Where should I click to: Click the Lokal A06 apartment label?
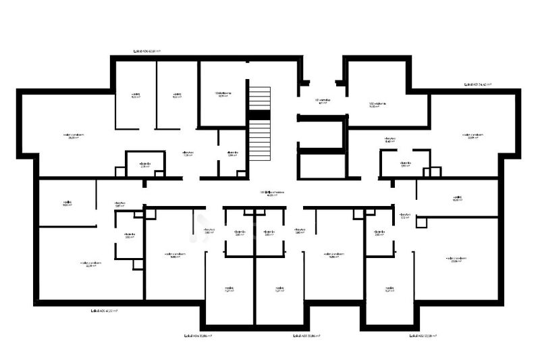pyautogui.click(x=147, y=51)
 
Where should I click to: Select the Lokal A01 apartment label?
pyautogui.click(x=478, y=85)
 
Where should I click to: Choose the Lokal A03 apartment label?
pyautogui.click(x=306, y=335)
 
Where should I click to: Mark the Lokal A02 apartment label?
pyautogui.click(x=425, y=335)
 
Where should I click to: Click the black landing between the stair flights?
pyautogui.click(x=259, y=115)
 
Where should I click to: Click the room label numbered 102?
pyautogui.click(x=377, y=105)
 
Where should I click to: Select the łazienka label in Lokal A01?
pyautogui.click(x=405, y=164)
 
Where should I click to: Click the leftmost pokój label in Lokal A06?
pyautogui.click(x=136, y=95)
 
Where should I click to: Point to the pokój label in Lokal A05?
pyautogui.click(x=67, y=203)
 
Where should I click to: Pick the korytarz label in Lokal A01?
pyautogui.click(x=389, y=140)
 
